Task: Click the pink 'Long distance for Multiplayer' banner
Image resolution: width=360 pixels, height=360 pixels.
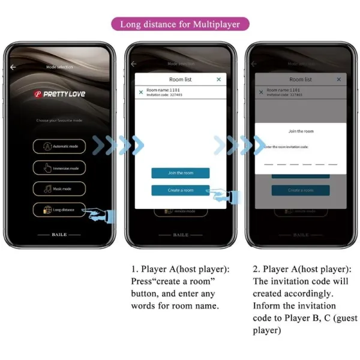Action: pyautogui.click(x=180, y=25)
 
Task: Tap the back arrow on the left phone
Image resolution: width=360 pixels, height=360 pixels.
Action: pyautogui.click(x=13, y=67)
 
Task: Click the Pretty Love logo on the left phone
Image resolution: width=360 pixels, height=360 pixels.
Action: pyautogui.click(x=59, y=94)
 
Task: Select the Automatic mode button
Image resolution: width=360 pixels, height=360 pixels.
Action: pyautogui.click(x=59, y=146)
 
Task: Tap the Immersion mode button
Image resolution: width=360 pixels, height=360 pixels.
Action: pyautogui.click(x=59, y=168)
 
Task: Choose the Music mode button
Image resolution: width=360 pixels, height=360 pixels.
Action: pyautogui.click(x=59, y=189)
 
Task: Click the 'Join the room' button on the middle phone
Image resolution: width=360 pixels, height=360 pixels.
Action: pyautogui.click(x=180, y=173)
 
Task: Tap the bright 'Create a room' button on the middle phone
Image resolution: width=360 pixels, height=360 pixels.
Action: pyautogui.click(x=180, y=190)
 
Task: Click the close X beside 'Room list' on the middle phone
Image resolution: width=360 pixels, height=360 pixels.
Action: pyautogui.click(x=218, y=79)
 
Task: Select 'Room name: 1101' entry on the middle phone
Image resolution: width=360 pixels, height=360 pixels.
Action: pyautogui.click(x=163, y=90)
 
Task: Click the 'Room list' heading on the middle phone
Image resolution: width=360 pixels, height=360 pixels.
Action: pyautogui.click(x=180, y=79)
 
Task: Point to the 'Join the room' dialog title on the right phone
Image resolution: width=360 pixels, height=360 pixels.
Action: pyautogui.click(x=301, y=131)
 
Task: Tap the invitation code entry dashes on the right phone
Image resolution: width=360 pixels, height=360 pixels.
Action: pyautogui.click(x=301, y=163)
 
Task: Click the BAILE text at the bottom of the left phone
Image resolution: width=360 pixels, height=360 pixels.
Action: pyautogui.click(x=59, y=235)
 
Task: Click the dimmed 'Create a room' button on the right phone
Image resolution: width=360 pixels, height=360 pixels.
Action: pyautogui.click(x=301, y=190)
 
